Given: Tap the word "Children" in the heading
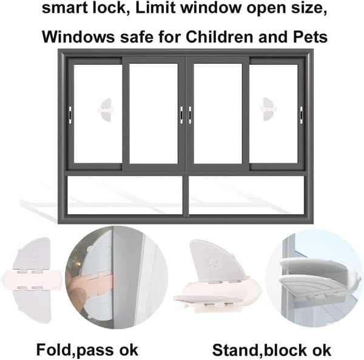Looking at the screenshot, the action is click(x=219, y=36).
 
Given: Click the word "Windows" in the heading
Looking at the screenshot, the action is click(x=78, y=36).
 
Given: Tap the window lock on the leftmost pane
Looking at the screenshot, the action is click(x=105, y=110).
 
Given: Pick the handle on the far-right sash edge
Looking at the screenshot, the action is click(x=302, y=115).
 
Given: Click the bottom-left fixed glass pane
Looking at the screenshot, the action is click(x=124, y=195).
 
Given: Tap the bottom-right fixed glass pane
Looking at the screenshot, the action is click(x=246, y=195).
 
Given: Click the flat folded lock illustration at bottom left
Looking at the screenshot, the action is click(x=32, y=279).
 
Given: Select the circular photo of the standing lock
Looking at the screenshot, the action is click(x=314, y=278).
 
